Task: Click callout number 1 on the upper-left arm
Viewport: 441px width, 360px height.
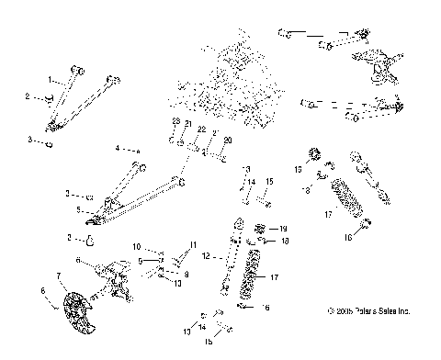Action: click(x=50, y=79)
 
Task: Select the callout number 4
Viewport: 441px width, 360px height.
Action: click(x=118, y=147)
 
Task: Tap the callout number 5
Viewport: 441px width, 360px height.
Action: click(x=81, y=210)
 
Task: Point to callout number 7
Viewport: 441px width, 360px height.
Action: click(x=59, y=275)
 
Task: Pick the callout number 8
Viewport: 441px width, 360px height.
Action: click(x=186, y=274)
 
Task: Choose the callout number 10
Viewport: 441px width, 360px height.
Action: click(x=135, y=247)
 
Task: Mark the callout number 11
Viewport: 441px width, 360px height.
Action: click(x=193, y=244)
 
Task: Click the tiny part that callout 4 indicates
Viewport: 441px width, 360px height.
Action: click(x=138, y=149)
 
